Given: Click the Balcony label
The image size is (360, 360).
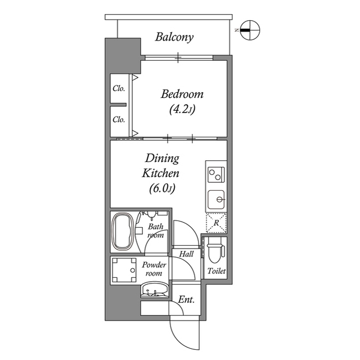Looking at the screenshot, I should [x=174, y=38].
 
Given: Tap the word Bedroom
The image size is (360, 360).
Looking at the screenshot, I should [x=182, y=94].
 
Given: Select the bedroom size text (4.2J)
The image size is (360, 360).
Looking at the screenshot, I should [x=182, y=110].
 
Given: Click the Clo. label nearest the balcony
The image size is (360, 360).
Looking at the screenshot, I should [x=118, y=88].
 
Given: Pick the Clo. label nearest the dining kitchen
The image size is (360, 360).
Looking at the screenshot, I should [x=118, y=119].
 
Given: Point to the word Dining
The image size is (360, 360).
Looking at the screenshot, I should [x=162, y=158].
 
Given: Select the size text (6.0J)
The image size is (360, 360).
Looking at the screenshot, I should [x=162, y=188].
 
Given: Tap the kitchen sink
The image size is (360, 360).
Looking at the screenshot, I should [x=216, y=199].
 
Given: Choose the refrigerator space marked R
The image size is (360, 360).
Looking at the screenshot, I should [x=216, y=223].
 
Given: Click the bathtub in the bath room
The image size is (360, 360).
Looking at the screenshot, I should [x=122, y=232].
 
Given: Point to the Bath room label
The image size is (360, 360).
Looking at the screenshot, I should [x=156, y=231].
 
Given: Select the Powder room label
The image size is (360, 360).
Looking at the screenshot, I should [x=154, y=269].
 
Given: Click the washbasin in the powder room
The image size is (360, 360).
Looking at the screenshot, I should [x=153, y=292].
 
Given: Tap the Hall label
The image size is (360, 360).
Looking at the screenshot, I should [x=186, y=254].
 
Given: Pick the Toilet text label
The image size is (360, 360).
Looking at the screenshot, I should [x=216, y=271].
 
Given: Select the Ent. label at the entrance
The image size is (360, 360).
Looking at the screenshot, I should [x=186, y=300].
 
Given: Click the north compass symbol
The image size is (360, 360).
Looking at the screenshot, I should [x=249, y=30].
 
